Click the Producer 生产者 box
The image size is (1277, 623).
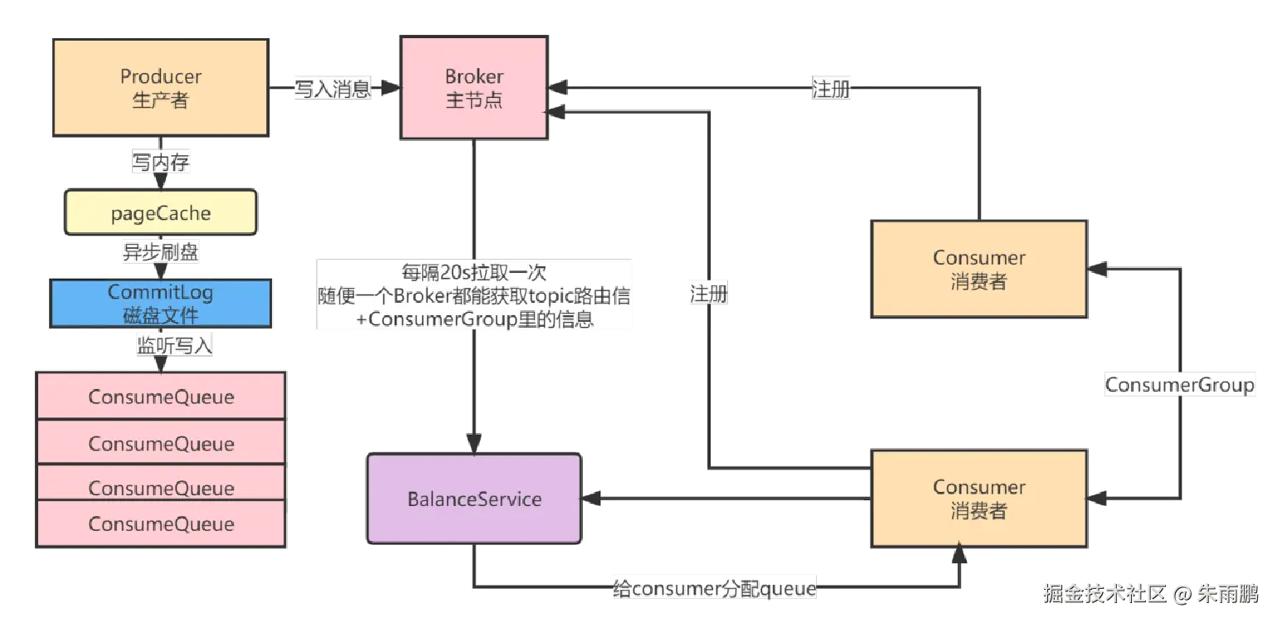(x=161, y=88)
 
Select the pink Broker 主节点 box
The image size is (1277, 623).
(x=473, y=88)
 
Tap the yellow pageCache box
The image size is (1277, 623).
(x=161, y=214)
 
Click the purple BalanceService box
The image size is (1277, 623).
(x=474, y=499)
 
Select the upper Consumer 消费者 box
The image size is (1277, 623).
(x=978, y=270)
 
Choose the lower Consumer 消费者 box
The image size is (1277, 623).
(x=978, y=499)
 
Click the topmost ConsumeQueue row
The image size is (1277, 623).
(x=161, y=397)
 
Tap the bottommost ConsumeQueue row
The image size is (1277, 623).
(x=161, y=524)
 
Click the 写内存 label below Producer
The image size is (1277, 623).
(x=161, y=162)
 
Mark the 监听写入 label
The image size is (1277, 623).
(x=174, y=346)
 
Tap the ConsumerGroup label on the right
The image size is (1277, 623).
(x=1179, y=385)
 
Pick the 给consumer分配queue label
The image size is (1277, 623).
(x=714, y=589)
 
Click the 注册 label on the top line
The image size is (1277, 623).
(x=832, y=89)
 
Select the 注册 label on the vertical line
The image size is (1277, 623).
(x=708, y=293)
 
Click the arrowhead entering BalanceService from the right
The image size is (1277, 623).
(x=590, y=499)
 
